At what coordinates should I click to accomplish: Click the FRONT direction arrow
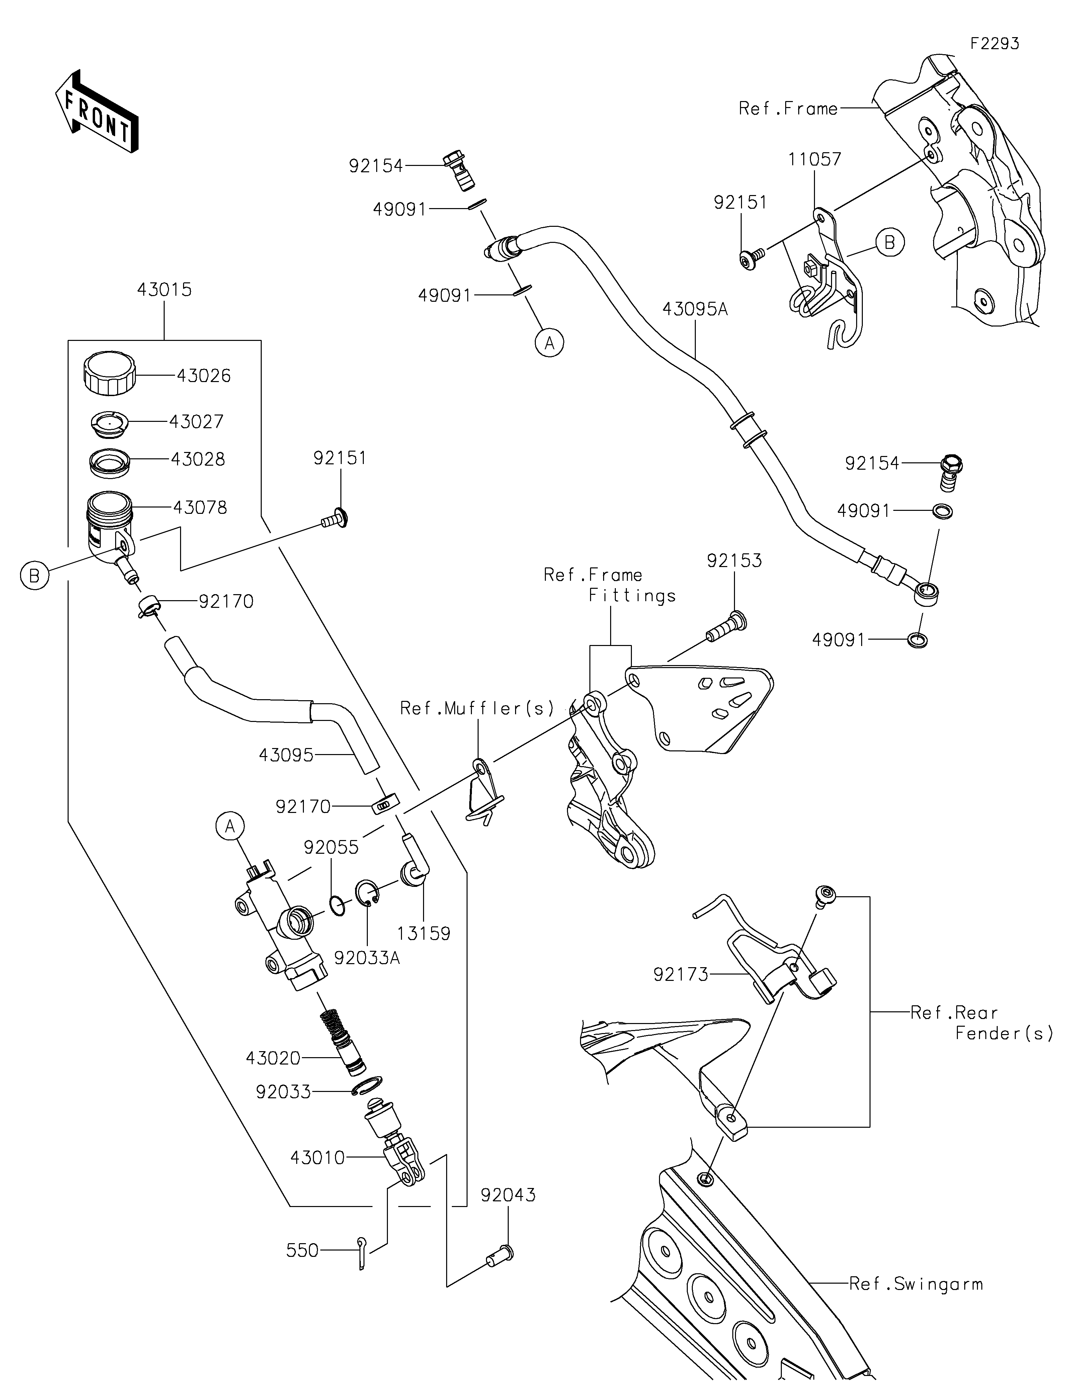pos(96,111)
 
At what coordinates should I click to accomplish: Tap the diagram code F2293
pos(994,44)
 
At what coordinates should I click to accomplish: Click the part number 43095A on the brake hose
pos(695,310)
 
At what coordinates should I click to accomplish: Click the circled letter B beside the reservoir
pos(34,576)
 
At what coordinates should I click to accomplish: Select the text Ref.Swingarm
pos(916,1284)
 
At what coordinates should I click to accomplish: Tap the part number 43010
pos(317,1158)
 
